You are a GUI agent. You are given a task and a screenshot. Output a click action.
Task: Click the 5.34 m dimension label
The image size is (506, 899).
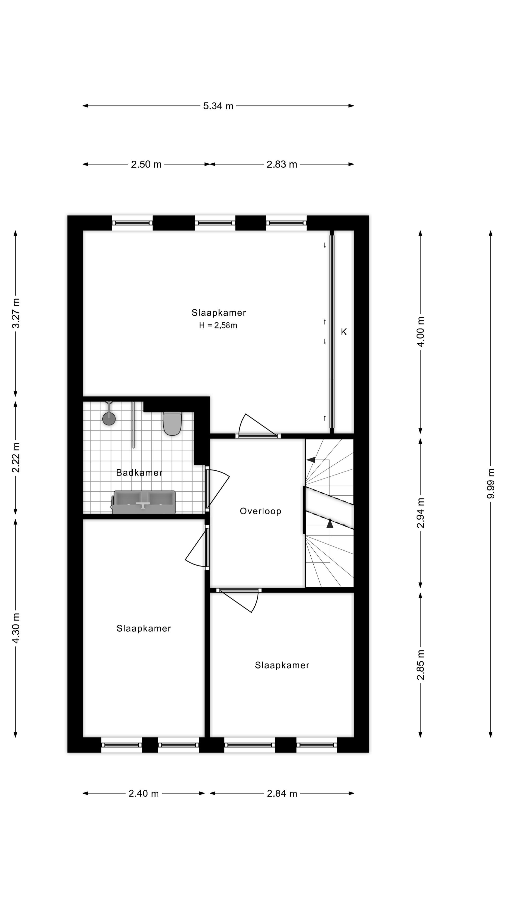click(218, 106)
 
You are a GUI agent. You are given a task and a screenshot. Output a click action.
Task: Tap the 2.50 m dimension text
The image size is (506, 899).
click(146, 164)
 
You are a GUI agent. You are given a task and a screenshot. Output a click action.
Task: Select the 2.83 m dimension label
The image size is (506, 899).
click(282, 164)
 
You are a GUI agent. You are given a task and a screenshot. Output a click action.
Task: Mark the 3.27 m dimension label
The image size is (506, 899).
click(16, 313)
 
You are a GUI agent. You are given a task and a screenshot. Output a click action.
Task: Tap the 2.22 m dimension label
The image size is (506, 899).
click(16, 457)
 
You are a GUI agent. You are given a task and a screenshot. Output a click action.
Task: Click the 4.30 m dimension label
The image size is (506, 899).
click(16, 628)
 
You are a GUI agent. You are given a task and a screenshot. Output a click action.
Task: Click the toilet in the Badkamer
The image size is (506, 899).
click(172, 423)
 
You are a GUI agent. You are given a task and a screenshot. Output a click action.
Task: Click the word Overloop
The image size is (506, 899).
click(260, 511)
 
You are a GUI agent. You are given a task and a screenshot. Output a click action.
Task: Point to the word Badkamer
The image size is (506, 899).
click(139, 473)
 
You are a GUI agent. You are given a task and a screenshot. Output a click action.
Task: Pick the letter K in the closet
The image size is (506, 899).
click(344, 332)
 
